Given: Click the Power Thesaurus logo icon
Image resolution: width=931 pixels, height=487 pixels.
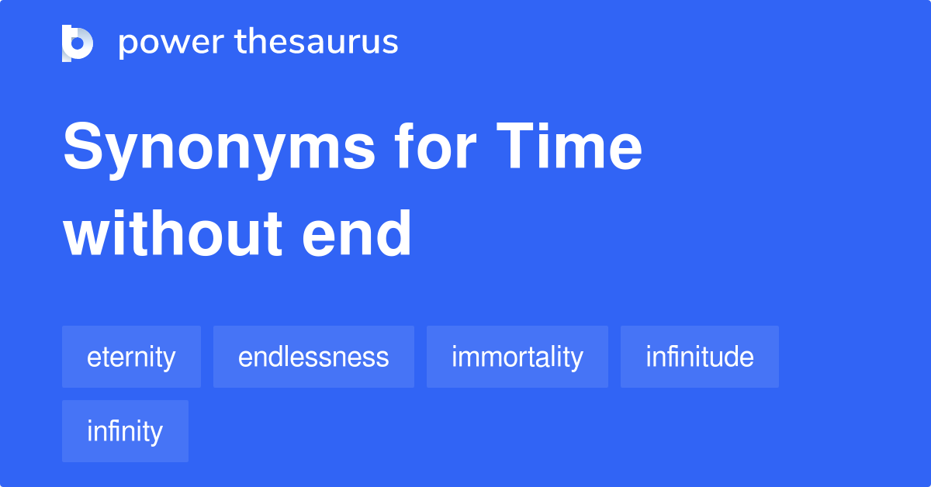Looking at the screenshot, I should point(77,43).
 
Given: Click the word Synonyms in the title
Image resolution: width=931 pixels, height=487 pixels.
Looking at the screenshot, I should point(218,149).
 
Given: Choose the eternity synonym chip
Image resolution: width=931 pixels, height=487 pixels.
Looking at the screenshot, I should point(131,357).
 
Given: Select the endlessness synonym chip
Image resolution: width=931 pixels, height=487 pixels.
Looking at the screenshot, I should point(313,357).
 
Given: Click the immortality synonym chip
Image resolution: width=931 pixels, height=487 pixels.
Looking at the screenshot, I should point(517,357).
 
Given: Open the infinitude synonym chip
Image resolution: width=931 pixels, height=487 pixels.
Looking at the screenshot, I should point(699,357).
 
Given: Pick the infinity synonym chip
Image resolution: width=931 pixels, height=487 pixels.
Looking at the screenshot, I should point(125,431).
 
